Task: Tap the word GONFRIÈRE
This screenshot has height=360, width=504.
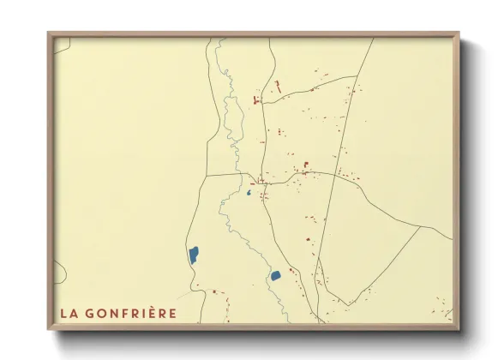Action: (x=130, y=313)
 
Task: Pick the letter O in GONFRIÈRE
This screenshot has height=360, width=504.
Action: (x=102, y=313)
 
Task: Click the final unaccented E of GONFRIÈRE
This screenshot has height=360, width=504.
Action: (x=173, y=313)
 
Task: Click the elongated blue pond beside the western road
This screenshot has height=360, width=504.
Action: (x=194, y=254)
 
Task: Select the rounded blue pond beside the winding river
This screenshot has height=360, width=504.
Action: (x=276, y=275)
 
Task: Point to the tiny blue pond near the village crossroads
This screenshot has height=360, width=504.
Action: (x=249, y=193)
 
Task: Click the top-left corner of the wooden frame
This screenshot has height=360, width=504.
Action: (x=48, y=33)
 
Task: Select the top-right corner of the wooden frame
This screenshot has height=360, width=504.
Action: (x=459, y=33)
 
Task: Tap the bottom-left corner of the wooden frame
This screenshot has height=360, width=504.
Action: (x=48, y=330)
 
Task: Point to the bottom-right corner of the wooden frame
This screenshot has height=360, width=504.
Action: (x=459, y=330)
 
